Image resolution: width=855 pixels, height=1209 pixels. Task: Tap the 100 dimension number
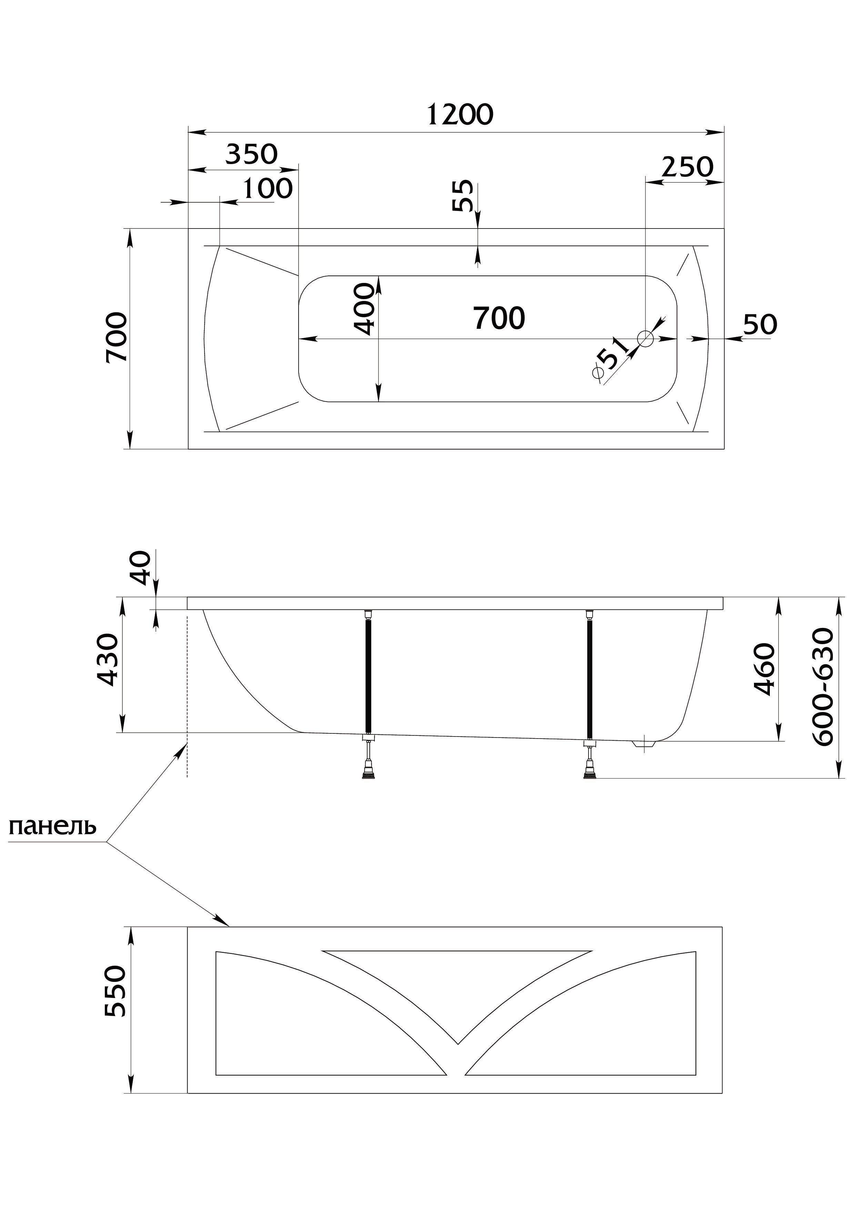[x=268, y=189]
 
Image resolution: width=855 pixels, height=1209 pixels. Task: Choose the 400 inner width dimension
[x=364, y=309]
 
